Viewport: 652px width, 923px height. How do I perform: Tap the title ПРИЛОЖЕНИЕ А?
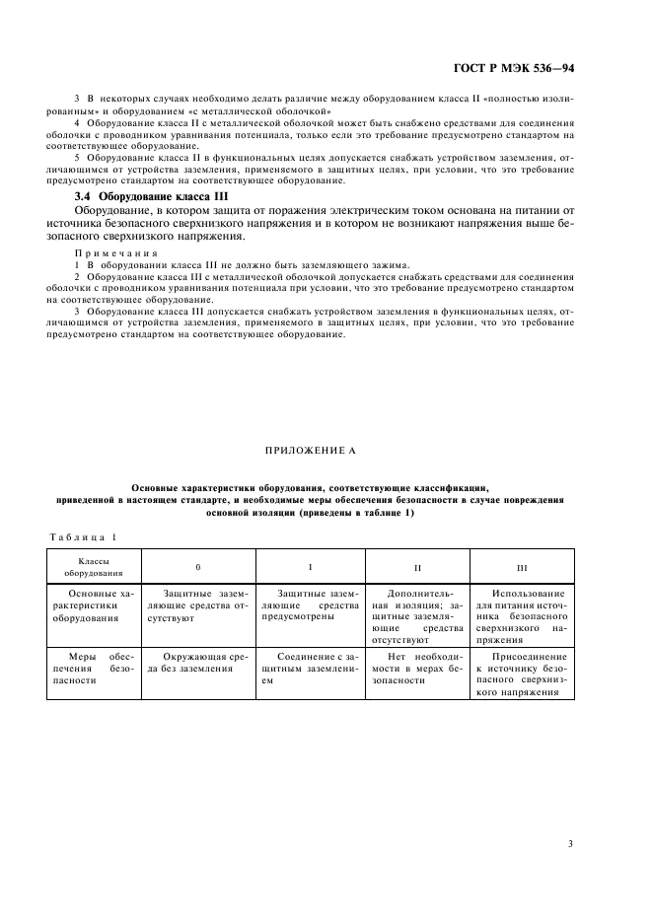point(310,449)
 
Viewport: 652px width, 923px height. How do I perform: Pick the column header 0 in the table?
point(198,568)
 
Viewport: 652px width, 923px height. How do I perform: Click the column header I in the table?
point(310,567)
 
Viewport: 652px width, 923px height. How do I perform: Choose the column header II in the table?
point(417,568)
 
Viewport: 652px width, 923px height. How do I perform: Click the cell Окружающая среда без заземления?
point(198,662)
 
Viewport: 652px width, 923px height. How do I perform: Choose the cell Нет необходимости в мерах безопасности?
point(417,668)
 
